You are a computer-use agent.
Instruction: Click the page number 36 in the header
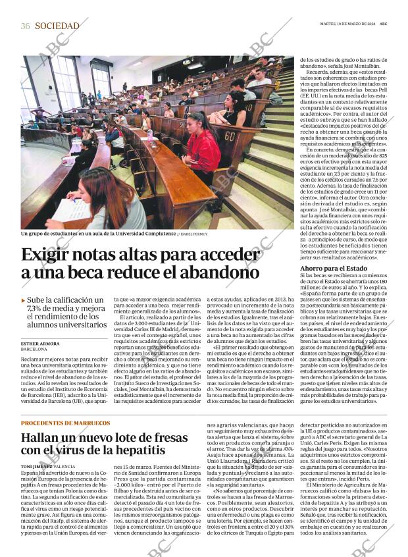coord(26,26)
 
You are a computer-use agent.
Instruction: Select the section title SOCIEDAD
coord(57,26)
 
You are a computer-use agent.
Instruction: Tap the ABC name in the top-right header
coord(392,25)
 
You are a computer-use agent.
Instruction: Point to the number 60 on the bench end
coord(230,136)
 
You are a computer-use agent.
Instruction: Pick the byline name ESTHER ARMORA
coord(40,344)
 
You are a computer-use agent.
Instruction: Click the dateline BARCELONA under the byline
coord(34,350)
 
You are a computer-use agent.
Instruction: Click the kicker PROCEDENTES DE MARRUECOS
coord(65,423)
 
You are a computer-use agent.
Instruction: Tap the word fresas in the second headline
coord(167,437)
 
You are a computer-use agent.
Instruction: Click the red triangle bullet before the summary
coord(24,300)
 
